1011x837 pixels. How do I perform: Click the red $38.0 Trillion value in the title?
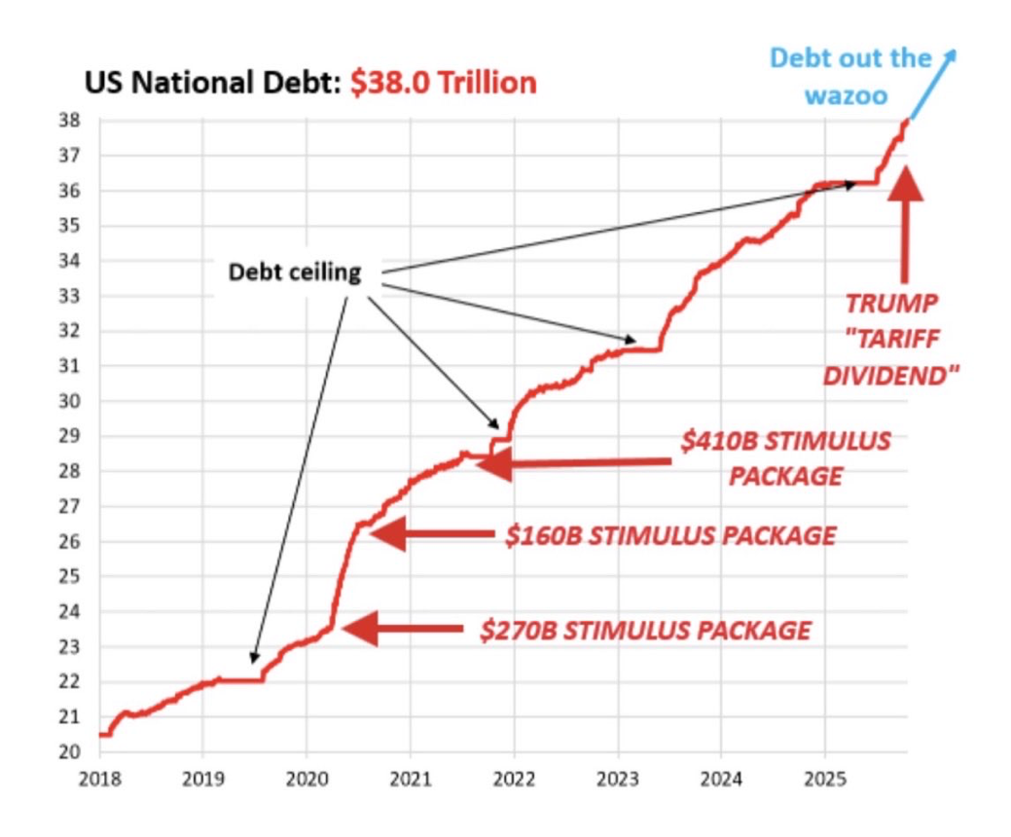coord(443,83)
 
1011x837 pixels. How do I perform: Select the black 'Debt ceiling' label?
coord(295,273)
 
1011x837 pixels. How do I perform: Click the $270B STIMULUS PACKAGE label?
coord(645,630)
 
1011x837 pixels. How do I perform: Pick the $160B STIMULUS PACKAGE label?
coord(670,535)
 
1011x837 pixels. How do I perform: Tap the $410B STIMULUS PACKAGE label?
coord(785,458)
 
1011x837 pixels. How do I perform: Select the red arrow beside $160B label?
coord(432,533)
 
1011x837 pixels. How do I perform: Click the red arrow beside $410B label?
coord(574,464)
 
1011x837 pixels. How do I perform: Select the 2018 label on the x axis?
coord(98,780)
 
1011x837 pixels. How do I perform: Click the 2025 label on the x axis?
coord(824,780)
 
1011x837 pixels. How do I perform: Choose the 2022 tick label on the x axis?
coord(513,780)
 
